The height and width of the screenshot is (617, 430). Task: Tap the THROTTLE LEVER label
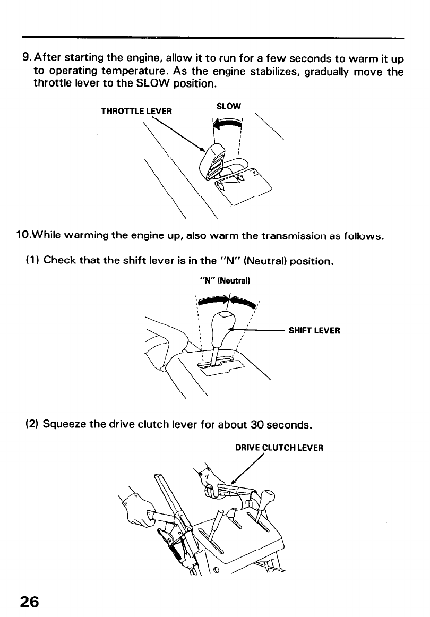coord(136,112)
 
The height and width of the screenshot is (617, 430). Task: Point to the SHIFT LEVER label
coord(314,330)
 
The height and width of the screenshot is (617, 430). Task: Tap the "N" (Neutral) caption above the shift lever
coord(223,279)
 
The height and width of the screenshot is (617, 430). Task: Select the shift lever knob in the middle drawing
coord(221,327)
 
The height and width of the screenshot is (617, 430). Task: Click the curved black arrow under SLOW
coord(226,124)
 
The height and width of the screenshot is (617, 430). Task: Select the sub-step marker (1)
coord(32,260)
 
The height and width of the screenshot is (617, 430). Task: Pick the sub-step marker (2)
coord(32,425)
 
